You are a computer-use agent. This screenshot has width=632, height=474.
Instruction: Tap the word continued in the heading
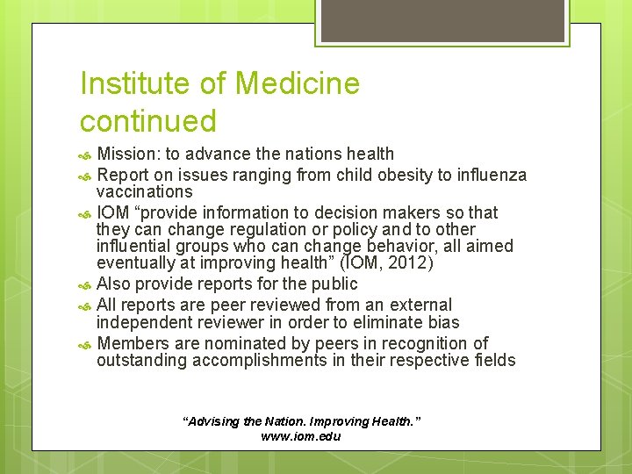point(147,120)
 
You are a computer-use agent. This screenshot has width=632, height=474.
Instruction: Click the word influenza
point(492,175)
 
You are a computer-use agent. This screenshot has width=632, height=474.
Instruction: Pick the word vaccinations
point(145,191)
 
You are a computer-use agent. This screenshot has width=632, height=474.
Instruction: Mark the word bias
point(442,322)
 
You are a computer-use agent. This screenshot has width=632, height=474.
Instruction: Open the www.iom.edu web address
point(301,436)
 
